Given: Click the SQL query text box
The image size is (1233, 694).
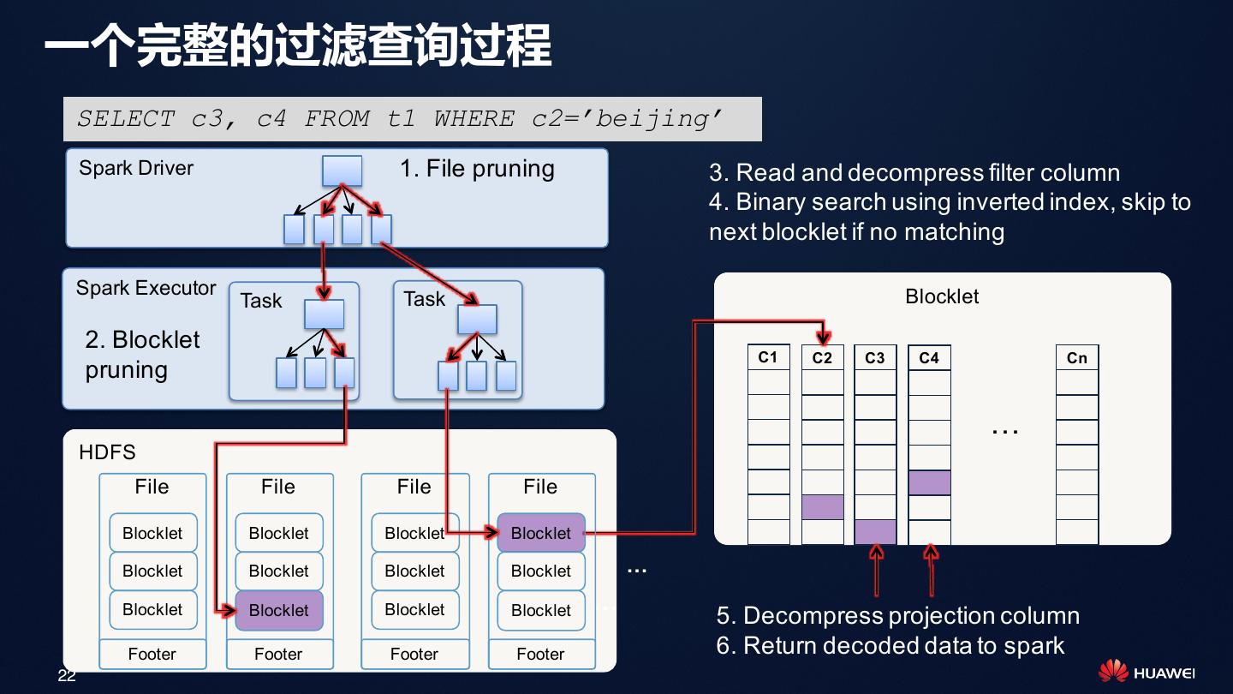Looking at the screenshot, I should tap(412, 119).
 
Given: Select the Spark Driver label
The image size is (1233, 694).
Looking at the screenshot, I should tap(136, 168).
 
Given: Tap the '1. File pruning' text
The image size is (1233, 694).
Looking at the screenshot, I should tap(477, 169).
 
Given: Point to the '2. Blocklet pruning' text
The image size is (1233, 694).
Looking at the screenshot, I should tap(142, 355).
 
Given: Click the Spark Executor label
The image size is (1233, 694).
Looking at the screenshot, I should tap(146, 288).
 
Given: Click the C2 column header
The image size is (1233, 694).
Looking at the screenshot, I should tap(822, 357).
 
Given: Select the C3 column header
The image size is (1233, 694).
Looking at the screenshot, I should tap(875, 357).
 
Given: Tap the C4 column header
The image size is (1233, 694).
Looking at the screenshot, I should tap(929, 357).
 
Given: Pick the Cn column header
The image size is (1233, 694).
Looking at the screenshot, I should tap(1076, 357).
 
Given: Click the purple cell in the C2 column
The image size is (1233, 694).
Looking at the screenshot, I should tap(822, 507).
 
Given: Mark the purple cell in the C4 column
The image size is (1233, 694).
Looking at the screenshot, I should tap(929, 482).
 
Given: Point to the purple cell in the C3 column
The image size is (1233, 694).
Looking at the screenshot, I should tap(875, 532).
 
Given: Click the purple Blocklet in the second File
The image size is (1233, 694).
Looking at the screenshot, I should tap(278, 611).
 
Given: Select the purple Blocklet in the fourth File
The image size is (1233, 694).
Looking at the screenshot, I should tap(540, 533).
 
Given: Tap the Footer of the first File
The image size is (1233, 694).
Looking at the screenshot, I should tap(152, 655).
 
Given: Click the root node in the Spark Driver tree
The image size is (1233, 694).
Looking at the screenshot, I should tap(342, 171).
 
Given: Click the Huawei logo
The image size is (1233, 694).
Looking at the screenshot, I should tap(1147, 672).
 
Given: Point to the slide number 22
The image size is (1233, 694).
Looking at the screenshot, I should tap(67, 676).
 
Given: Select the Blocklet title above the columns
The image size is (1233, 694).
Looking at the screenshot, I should tap(942, 296).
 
